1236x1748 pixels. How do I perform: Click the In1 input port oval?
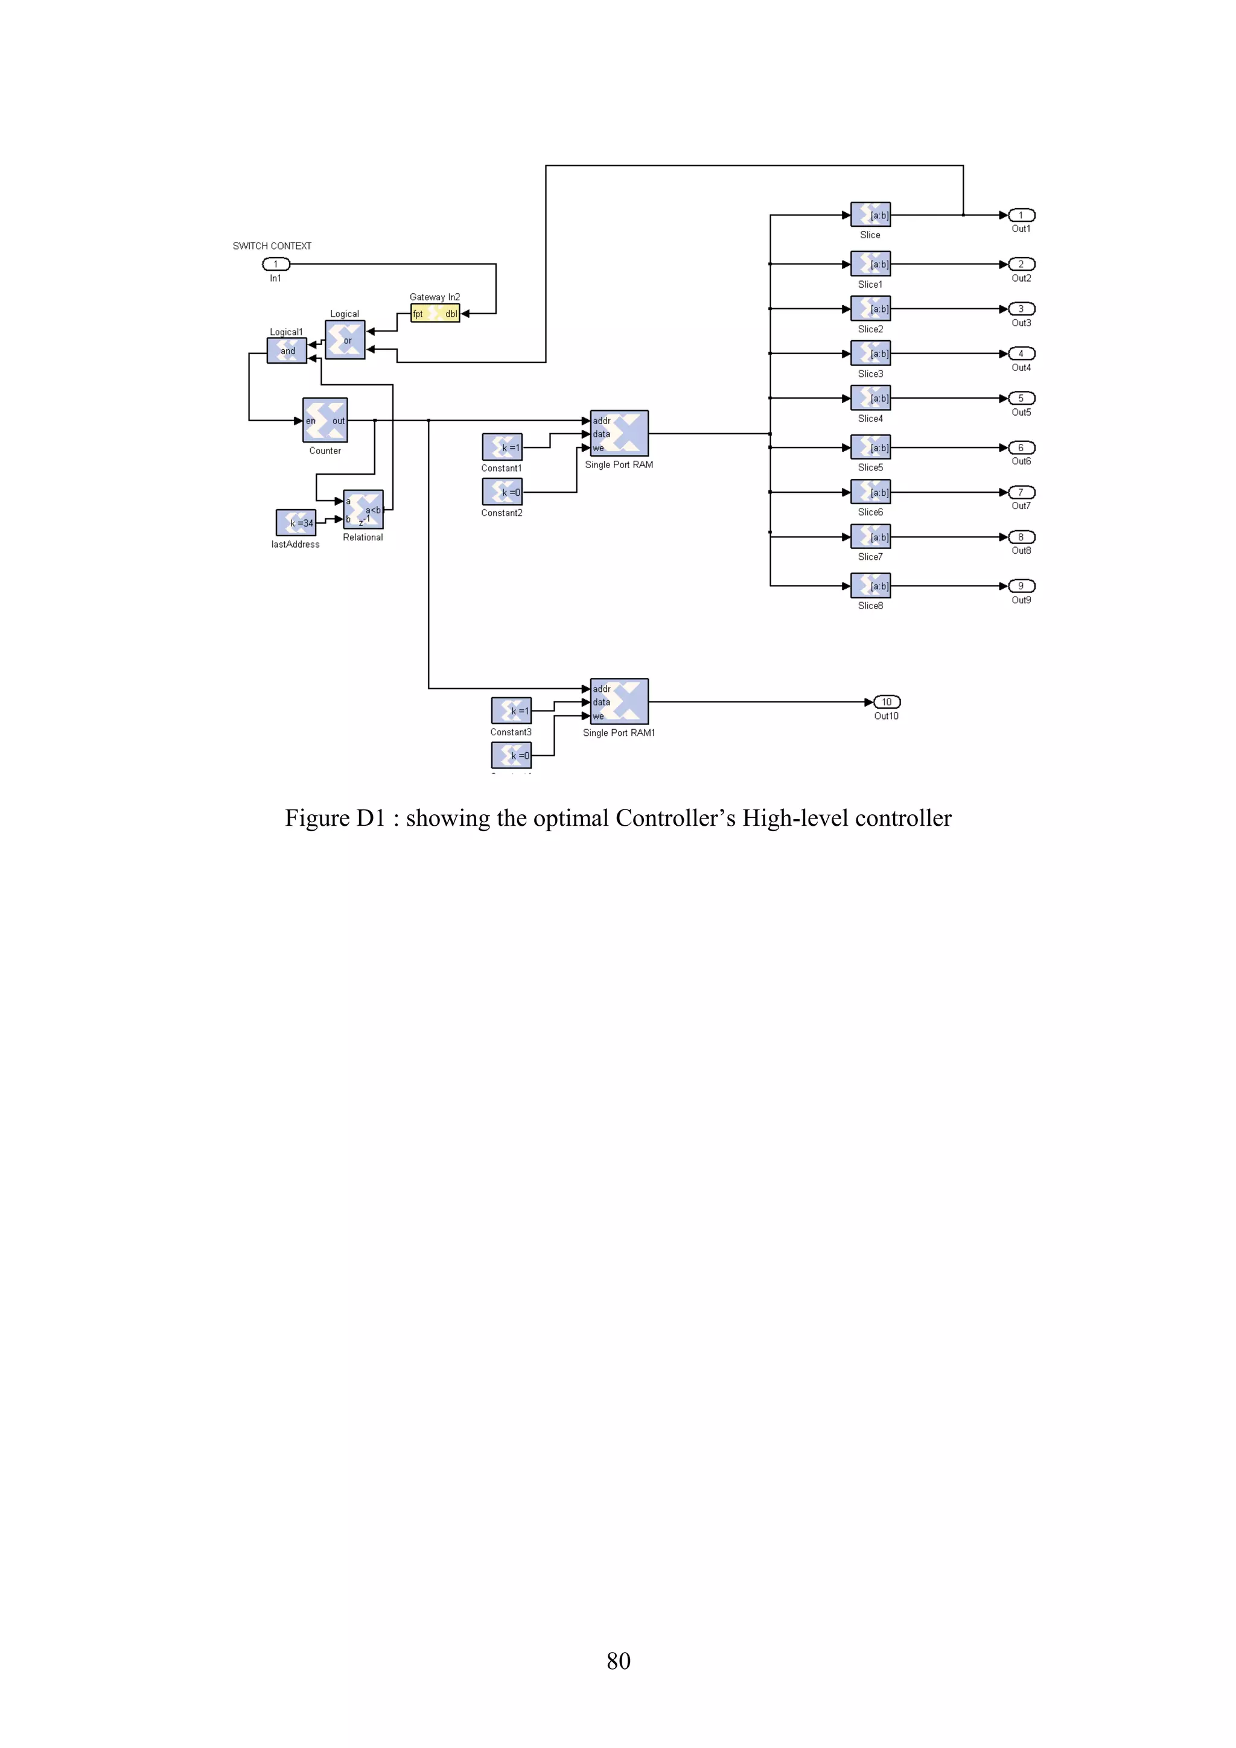click(x=276, y=264)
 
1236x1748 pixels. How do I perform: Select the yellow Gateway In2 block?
click(x=435, y=314)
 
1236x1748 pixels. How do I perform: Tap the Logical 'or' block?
click(x=345, y=340)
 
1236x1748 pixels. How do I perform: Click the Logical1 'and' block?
click(x=286, y=350)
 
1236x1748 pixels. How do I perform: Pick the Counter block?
click(x=325, y=420)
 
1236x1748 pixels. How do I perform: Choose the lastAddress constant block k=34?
click(x=296, y=523)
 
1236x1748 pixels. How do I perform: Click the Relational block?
click(x=363, y=509)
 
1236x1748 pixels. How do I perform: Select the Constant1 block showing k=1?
click(x=502, y=448)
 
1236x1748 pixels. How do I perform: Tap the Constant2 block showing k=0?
click(x=502, y=493)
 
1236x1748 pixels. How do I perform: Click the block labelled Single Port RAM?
click(x=619, y=434)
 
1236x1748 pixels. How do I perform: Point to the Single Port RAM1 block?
click(x=619, y=702)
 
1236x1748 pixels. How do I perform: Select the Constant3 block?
click(x=511, y=711)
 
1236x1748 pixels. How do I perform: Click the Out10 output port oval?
click(x=887, y=702)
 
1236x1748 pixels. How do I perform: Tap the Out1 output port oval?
click(x=1021, y=215)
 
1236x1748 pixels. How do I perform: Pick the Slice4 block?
click(x=870, y=398)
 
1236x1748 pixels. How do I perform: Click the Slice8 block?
click(x=870, y=586)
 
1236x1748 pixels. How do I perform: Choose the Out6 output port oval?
click(x=1021, y=448)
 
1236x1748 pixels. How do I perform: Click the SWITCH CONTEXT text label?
click(x=272, y=246)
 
